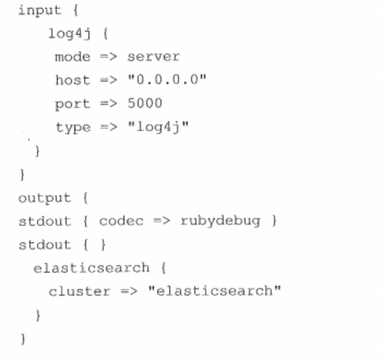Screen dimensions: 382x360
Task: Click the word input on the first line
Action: [40, 11]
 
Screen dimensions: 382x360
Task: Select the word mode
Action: [73, 57]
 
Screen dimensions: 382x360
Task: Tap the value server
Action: [154, 57]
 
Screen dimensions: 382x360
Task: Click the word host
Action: [73, 80]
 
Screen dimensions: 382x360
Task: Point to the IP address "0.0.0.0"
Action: [167, 79]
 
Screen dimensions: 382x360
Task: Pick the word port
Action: [73, 104]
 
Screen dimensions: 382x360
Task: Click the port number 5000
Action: [145, 103]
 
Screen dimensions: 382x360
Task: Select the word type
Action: [73, 127]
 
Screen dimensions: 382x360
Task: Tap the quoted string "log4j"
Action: [159, 127]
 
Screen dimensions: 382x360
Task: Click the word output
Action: [44, 199]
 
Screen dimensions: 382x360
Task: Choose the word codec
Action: [121, 221]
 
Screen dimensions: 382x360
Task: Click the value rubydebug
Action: [220, 221]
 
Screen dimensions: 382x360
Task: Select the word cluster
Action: [79, 292]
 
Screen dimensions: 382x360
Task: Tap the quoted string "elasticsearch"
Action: [215, 291]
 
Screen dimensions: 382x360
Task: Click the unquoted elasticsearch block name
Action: [92, 268]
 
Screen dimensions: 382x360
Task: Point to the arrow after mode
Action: [108, 57]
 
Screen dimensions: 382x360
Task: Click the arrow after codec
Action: [162, 221]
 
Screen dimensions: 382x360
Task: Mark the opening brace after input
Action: [76, 11]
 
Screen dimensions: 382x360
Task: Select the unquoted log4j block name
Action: [69, 34]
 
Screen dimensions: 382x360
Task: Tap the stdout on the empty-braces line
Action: [45, 244]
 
